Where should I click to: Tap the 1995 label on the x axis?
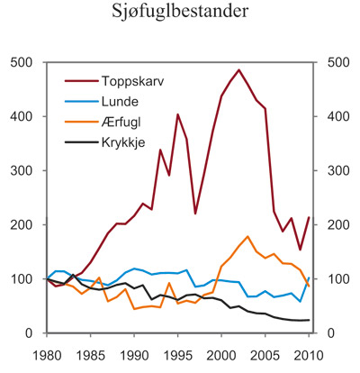coord(178,351)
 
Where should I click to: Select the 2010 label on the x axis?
coord(309,351)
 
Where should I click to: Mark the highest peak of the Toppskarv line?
coord(238,69)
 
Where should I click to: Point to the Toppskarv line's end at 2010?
coord(309,217)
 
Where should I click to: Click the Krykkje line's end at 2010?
coord(309,320)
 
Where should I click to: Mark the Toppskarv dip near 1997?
coord(195,214)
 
